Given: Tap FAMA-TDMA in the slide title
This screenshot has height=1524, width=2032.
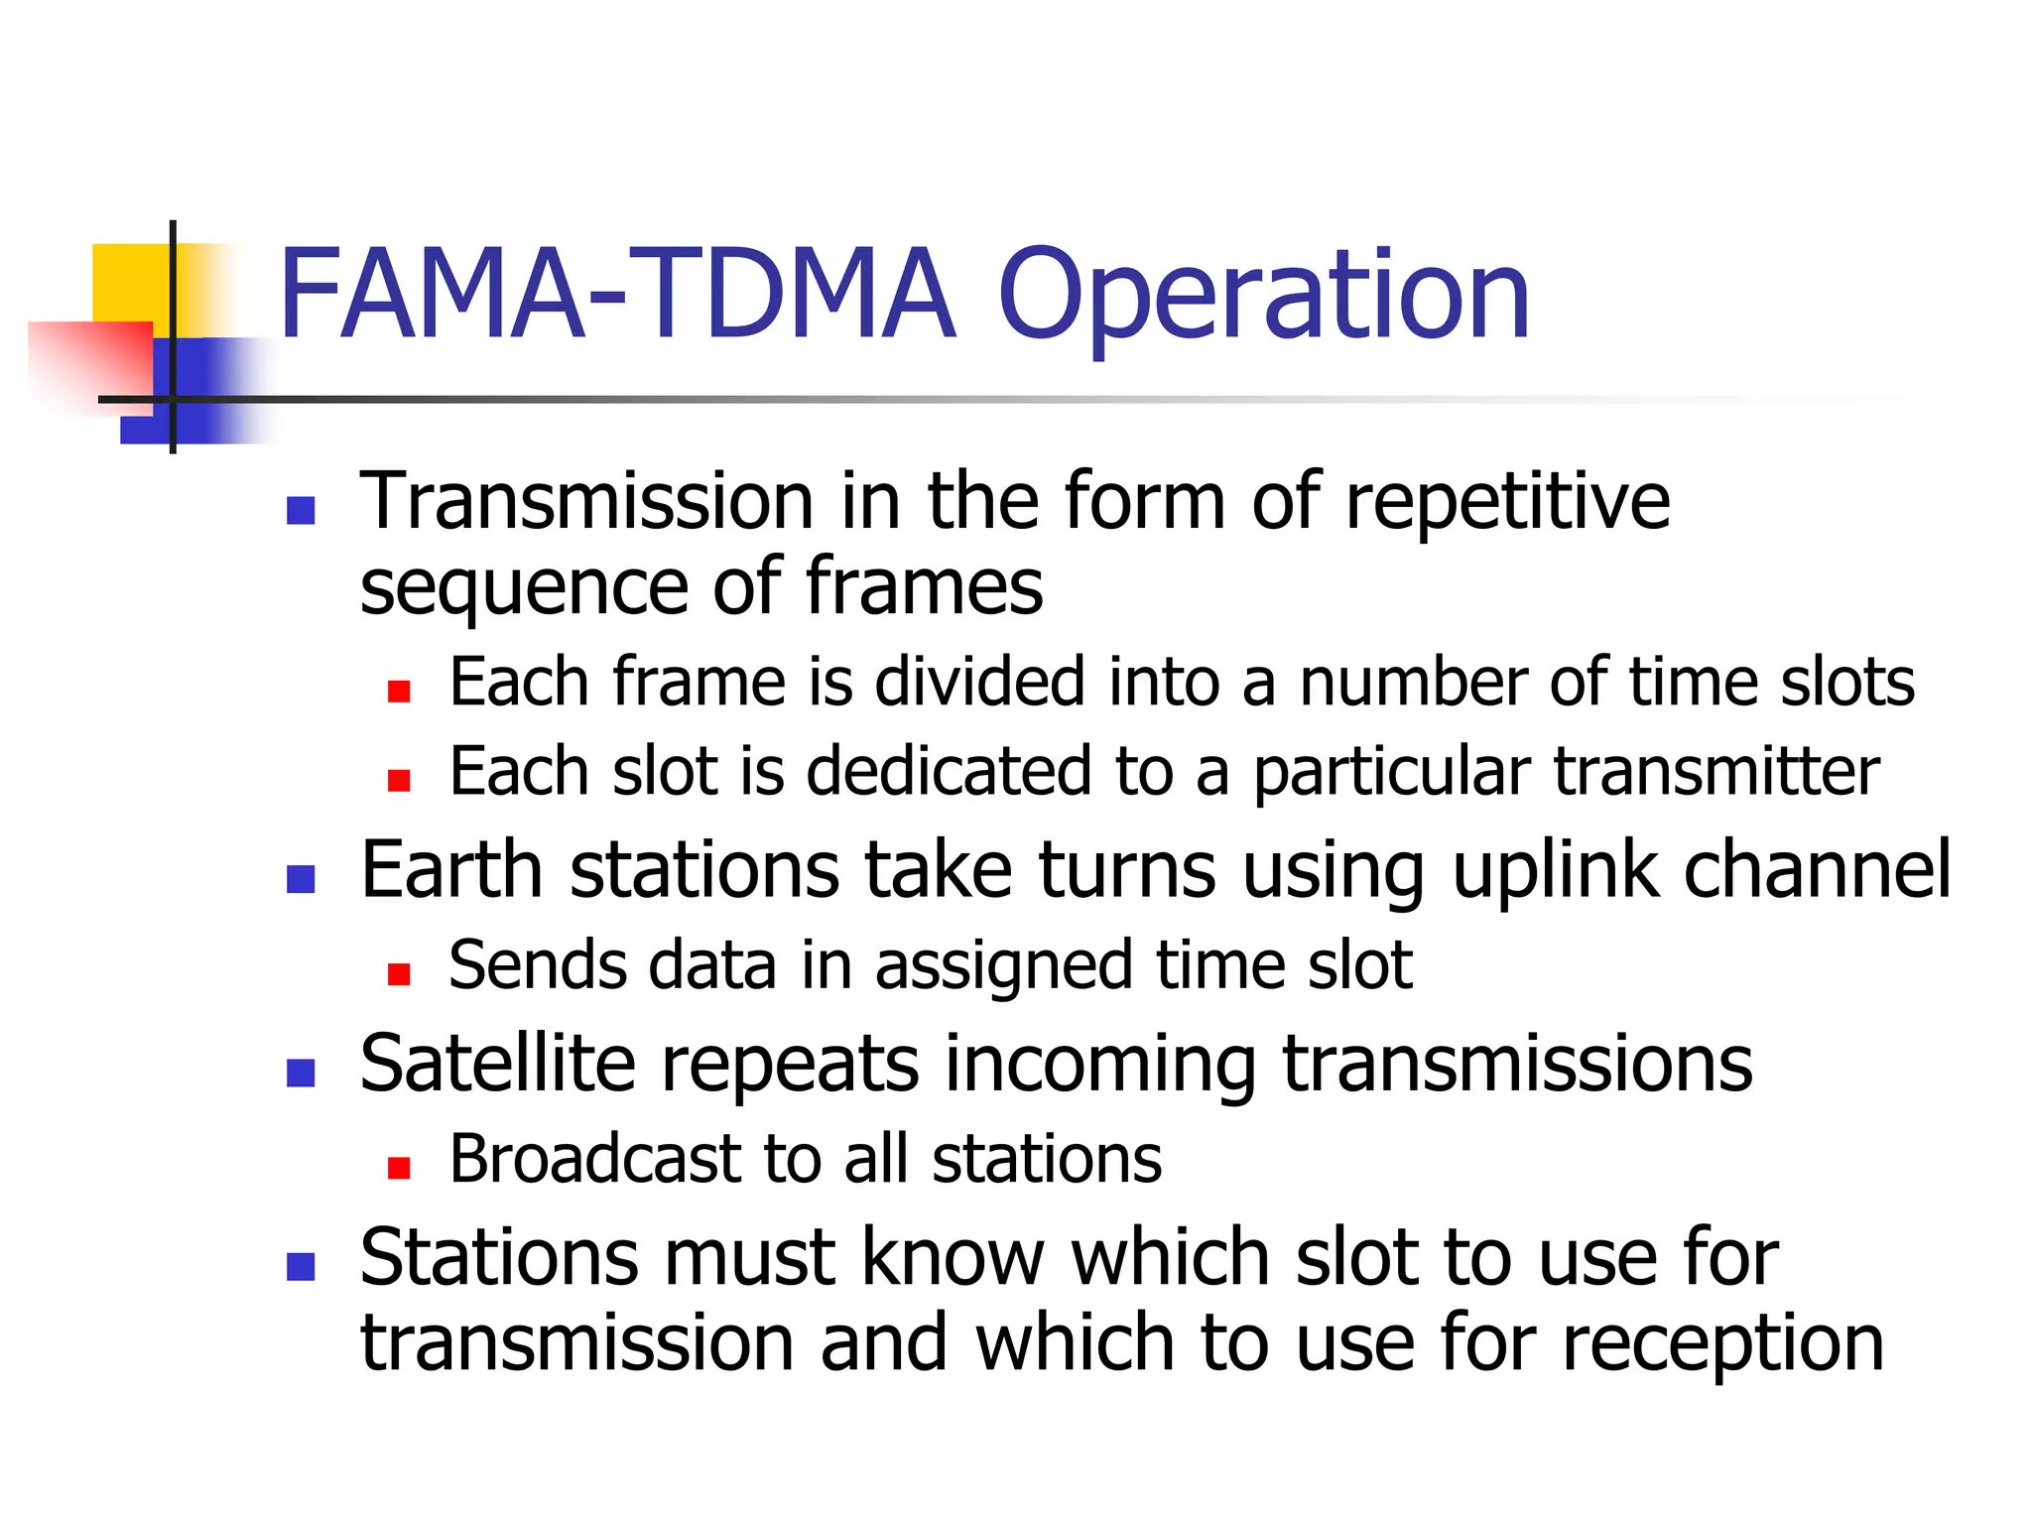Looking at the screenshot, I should click(x=615, y=298).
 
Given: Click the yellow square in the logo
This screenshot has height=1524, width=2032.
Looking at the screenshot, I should click(x=129, y=283).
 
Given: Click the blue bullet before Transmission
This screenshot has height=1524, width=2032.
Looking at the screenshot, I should click(x=301, y=511).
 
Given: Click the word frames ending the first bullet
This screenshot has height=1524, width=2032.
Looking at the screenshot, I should click(x=923, y=587).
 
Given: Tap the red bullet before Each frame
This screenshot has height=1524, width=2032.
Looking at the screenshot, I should click(x=399, y=692).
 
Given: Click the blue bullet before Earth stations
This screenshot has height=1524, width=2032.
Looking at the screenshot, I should click(x=301, y=879).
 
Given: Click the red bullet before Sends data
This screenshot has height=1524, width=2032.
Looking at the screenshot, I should click(x=399, y=974).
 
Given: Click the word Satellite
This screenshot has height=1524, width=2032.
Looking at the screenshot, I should click(x=497, y=1064).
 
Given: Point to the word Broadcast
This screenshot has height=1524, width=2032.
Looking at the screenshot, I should click(x=594, y=1159).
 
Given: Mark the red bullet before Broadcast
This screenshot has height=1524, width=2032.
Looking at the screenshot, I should click(x=399, y=1168).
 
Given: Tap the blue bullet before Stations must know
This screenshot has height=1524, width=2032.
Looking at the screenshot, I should click(x=301, y=1267).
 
